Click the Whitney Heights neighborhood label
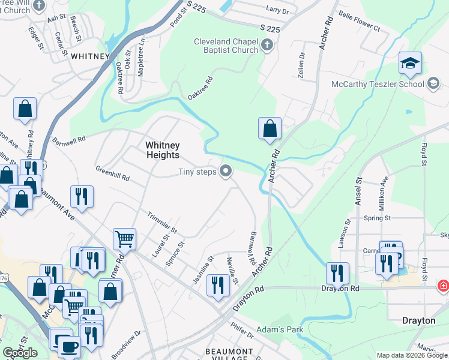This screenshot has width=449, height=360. point(162,150)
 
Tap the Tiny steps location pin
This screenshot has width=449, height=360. point(226,172)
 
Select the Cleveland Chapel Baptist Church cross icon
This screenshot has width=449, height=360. point(267,46)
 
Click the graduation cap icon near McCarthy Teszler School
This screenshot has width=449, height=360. point(410,64)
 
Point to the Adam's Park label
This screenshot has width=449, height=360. point(280,329)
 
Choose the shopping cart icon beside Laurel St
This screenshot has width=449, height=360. point(125,239)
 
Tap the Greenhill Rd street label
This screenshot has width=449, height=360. point(112,174)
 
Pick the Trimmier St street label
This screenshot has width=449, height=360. point(162,221)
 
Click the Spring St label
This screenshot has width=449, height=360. point(377,218)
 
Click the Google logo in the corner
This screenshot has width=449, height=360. point(20,353)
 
